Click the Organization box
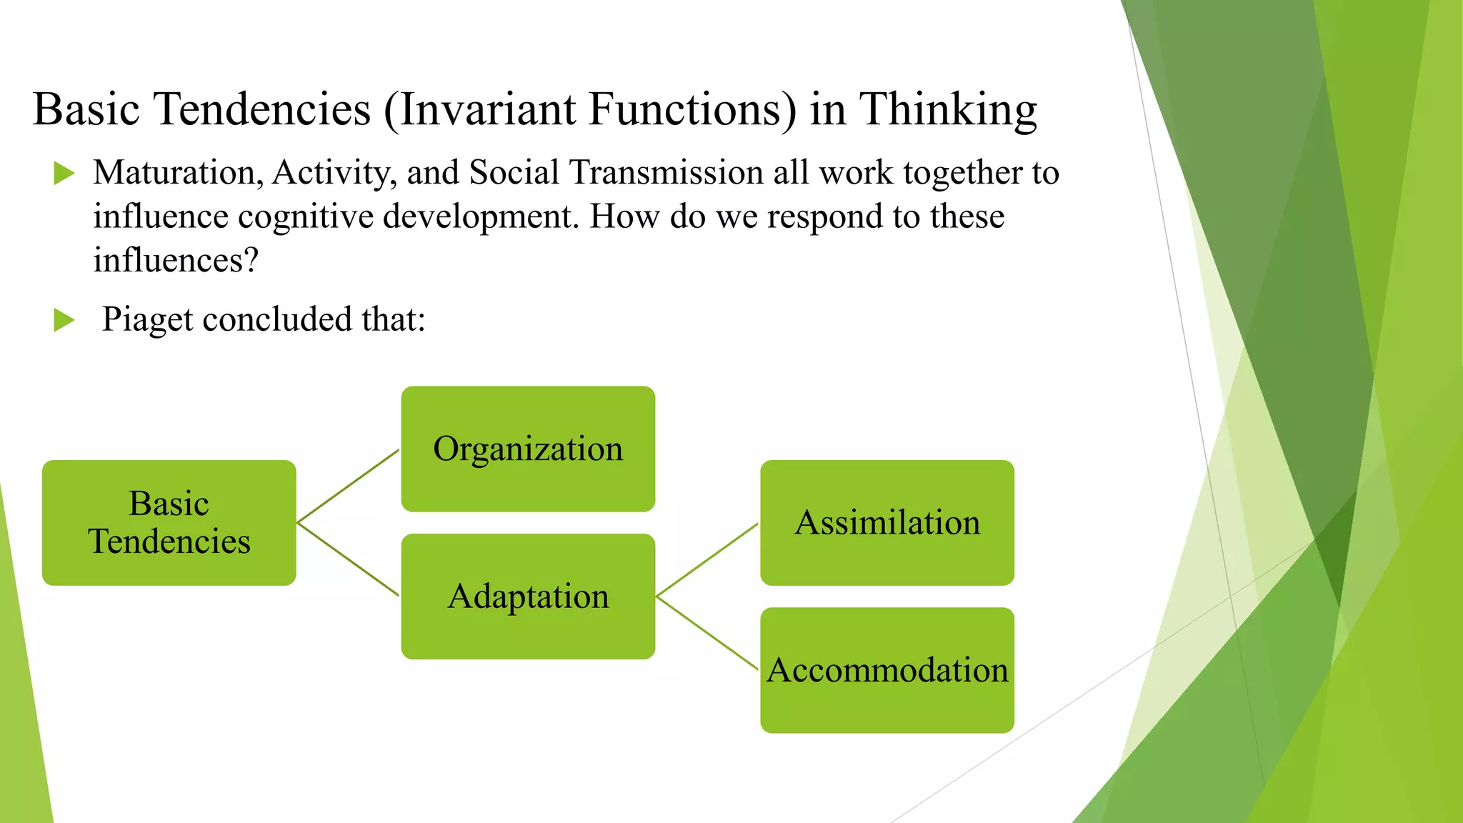[x=528, y=449]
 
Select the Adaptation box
[x=528, y=596]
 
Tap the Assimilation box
[x=887, y=522]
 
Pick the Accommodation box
[x=887, y=670]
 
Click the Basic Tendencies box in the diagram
[x=169, y=522]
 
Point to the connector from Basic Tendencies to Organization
[x=348, y=486]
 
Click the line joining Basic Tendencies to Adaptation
[x=348, y=559]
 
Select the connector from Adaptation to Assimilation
[x=707, y=559]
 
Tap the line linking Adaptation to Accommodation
[x=707, y=633]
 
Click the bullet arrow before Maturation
[x=64, y=173]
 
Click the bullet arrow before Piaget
[x=64, y=320]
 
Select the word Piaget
[x=146, y=319]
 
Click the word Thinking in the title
[x=947, y=110]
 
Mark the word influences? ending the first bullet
[x=175, y=260]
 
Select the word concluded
[x=277, y=319]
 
